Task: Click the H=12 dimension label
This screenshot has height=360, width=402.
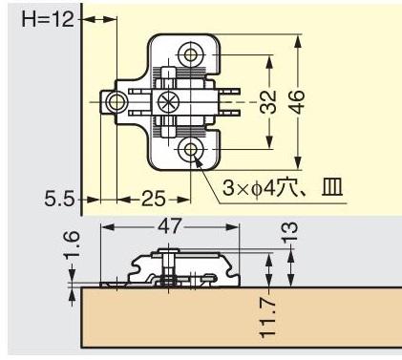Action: (x=48, y=20)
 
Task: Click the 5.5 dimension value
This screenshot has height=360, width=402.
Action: (x=59, y=200)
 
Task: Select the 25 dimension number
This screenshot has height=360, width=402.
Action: (x=154, y=200)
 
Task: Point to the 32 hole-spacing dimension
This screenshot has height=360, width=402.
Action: (x=267, y=102)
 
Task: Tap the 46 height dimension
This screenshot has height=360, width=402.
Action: (x=298, y=102)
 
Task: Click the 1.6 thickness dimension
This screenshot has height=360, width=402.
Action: (x=72, y=245)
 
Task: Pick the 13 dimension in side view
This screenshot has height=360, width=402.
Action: (x=290, y=231)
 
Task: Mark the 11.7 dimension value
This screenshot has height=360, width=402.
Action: (x=267, y=317)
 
